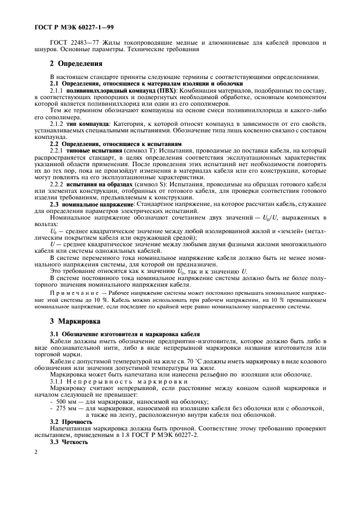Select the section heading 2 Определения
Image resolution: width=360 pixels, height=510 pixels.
[x=76, y=63]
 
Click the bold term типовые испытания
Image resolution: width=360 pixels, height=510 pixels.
[x=88, y=149]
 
